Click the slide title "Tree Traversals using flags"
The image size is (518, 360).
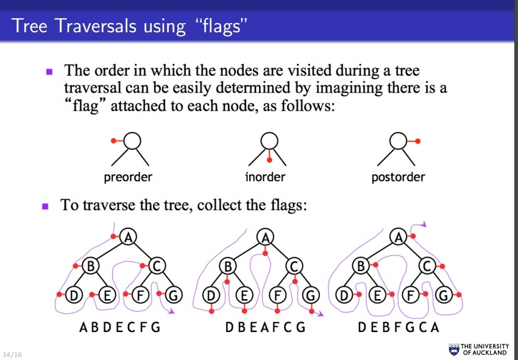[131, 26]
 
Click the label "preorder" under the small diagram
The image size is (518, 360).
[128, 178]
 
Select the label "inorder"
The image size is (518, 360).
[265, 178]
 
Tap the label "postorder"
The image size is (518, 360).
[398, 178]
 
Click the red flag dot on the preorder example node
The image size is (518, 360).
[113, 141]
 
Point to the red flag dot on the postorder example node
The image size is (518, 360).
[418, 141]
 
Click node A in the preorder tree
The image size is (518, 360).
[127, 237]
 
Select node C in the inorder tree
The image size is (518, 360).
[294, 266]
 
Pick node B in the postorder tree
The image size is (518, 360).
[361, 266]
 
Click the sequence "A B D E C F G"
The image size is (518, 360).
[119, 327]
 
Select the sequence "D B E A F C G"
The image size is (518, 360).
[264, 327]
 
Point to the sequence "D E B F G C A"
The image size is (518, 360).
[398, 327]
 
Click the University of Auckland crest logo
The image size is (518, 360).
[453, 349]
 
